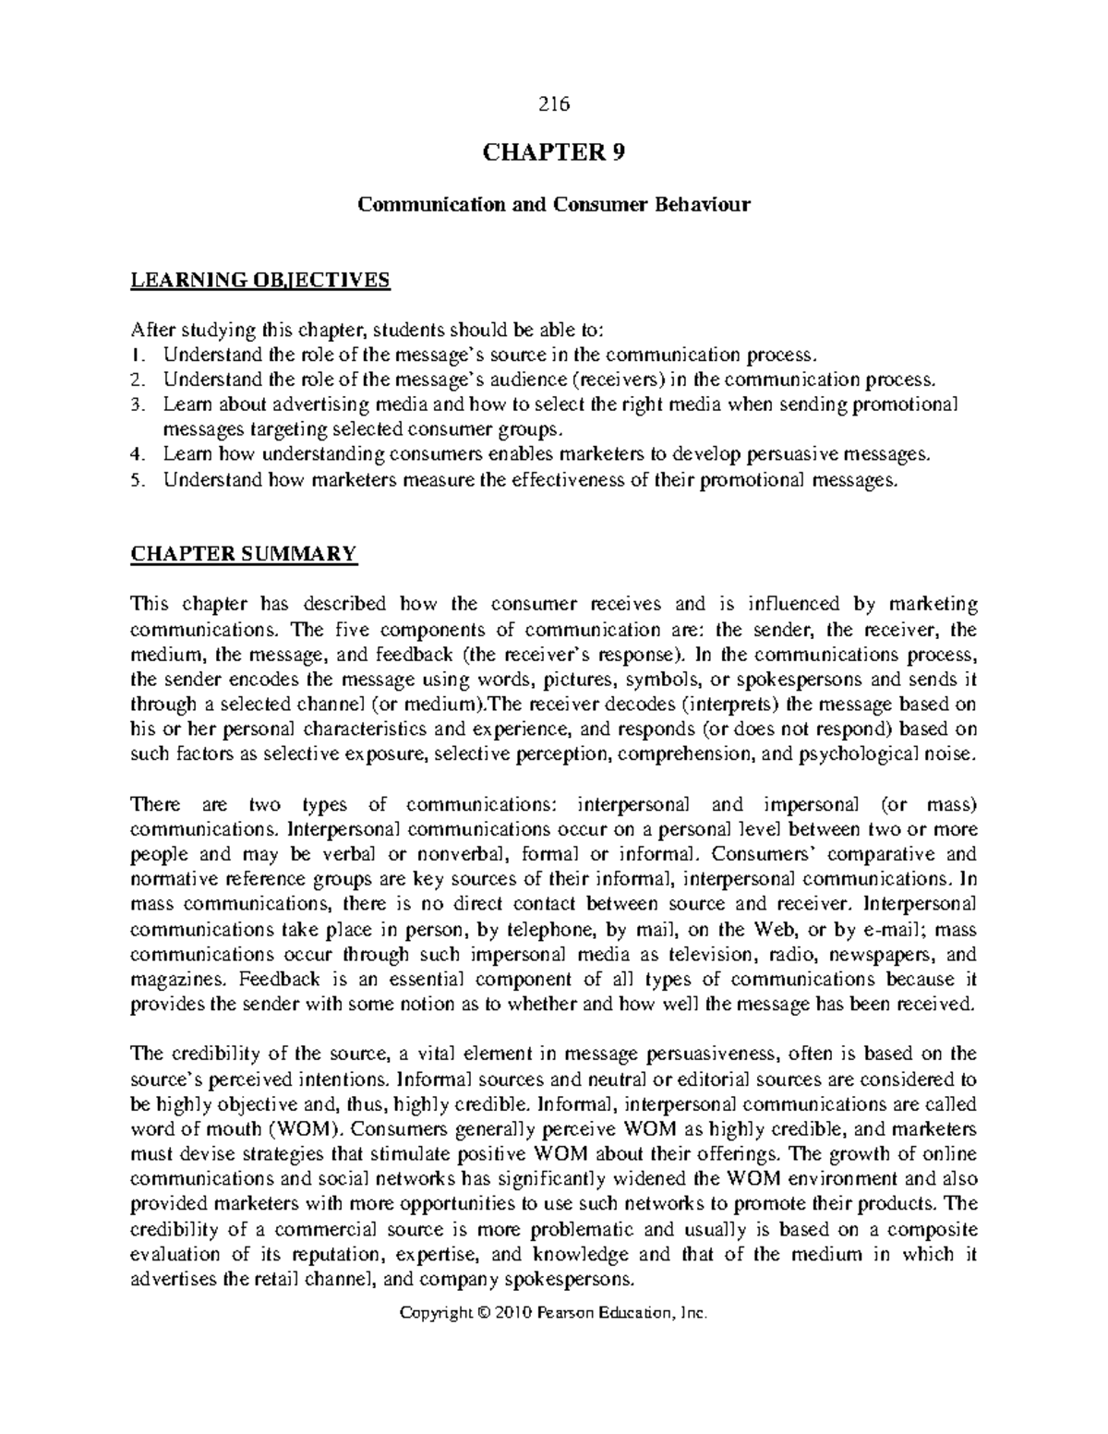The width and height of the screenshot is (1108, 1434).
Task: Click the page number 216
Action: (x=554, y=103)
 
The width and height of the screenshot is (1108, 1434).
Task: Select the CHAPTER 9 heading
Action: (x=554, y=153)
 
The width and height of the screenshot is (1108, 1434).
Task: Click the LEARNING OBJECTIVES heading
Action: (x=260, y=280)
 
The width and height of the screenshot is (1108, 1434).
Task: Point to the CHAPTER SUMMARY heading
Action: (x=243, y=554)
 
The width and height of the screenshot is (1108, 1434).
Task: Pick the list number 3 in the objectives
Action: (x=137, y=404)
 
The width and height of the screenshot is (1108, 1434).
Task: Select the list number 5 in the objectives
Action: (x=137, y=479)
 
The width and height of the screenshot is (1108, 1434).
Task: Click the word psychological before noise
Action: (x=858, y=753)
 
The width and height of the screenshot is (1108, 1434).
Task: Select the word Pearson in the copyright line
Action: (x=563, y=1312)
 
